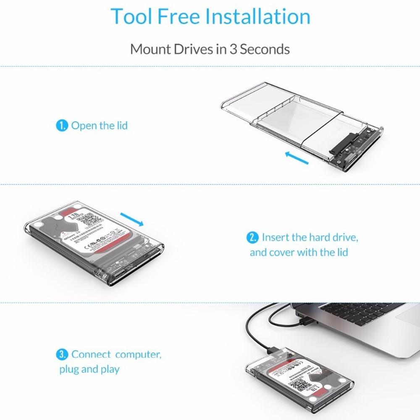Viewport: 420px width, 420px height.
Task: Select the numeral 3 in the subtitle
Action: (234, 49)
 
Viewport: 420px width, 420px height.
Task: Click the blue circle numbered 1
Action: (62, 126)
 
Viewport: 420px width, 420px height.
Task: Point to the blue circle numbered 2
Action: (252, 238)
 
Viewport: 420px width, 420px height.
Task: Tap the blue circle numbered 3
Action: (62, 354)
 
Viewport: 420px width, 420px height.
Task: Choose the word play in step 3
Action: (110, 370)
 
